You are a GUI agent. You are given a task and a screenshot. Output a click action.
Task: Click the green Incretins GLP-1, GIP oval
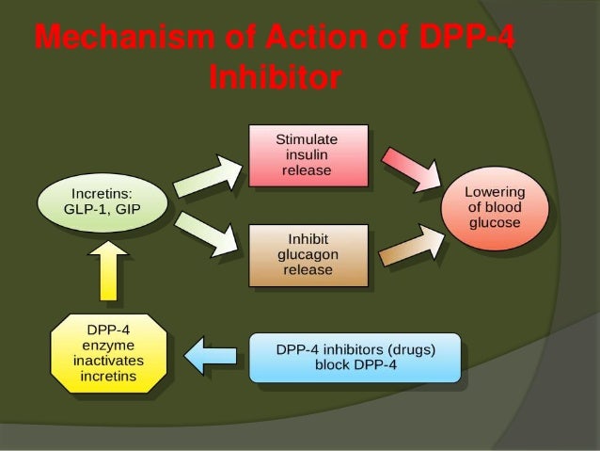[x=103, y=201]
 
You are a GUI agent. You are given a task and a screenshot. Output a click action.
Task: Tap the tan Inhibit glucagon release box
[x=306, y=254]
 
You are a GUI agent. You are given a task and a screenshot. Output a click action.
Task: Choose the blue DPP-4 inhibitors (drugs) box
[x=355, y=356]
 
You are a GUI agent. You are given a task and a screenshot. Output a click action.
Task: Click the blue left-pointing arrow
[x=212, y=356]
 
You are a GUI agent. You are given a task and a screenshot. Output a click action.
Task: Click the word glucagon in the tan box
[x=306, y=254]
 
